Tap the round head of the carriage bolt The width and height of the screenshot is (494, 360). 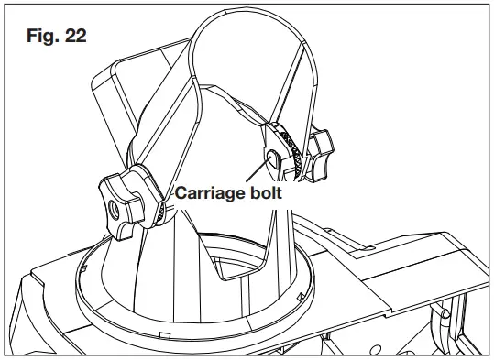(272, 158)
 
